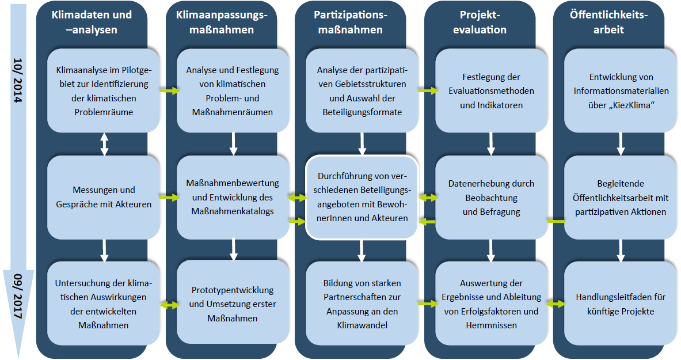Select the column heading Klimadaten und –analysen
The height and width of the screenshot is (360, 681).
[x=92, y=22]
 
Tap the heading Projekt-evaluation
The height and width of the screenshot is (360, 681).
[x=483, y=22]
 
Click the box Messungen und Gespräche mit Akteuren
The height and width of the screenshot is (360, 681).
[x=104, y=196]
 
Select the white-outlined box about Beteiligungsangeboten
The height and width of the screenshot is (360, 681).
[x=362, y=196]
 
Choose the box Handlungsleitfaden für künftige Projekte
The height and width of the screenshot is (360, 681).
[x=620, y=304]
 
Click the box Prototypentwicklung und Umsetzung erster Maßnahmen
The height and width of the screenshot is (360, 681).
[x=233, y=304]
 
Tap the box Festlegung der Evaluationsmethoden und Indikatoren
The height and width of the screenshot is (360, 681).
[x=491, y=91]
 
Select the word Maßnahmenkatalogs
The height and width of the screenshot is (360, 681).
[x=233, y=211]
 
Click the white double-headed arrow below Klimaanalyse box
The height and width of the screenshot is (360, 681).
[x=104, y=144]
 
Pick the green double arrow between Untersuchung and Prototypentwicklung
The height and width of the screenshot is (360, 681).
[x=168, y=304]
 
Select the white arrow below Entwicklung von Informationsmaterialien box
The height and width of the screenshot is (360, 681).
[x=621, y=144]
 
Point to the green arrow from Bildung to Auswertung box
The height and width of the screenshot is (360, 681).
[x=427, y=304]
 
